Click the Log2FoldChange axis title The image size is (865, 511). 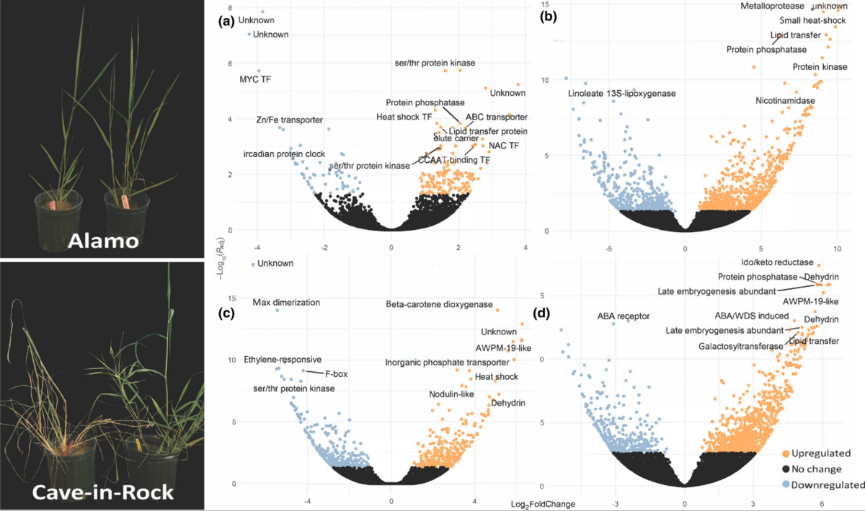coord(543,504)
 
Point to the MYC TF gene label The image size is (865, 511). coord(255,79)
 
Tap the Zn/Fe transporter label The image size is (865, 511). coord(289,120)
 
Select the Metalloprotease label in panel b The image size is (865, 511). coord(773,6)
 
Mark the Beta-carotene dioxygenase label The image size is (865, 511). coord(439,304)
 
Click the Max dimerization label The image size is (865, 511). coord(286,303)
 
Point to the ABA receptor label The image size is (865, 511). coord(624,316)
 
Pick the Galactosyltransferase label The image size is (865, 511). coord(740,347)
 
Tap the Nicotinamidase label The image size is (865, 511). coord(785,100)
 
